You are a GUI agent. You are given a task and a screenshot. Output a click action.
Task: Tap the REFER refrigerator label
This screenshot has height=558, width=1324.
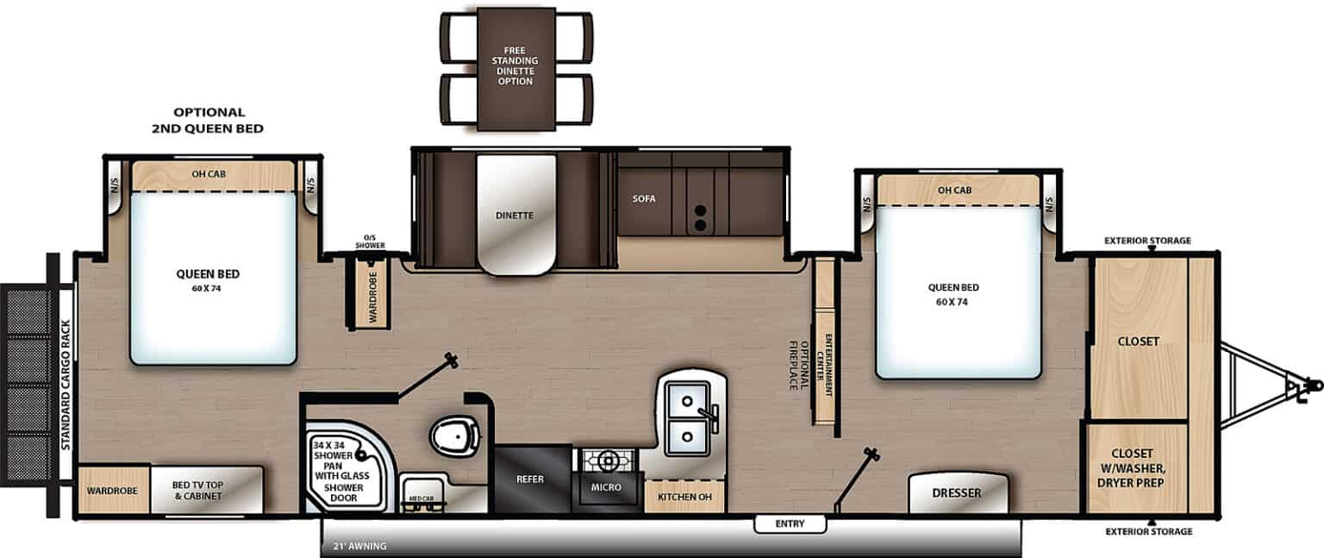coord(529,480)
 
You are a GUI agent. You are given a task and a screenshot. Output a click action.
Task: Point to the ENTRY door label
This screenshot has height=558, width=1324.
coord(790,524)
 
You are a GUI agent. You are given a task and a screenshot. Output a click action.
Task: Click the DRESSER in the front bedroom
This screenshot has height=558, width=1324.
coord(957,493)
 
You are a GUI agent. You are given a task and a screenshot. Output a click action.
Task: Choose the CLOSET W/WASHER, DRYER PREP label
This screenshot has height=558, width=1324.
coord(1138,467)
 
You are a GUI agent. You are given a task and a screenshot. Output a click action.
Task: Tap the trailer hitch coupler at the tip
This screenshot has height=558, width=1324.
coord(1313,383)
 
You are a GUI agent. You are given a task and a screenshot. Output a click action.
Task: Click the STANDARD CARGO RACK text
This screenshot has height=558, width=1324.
coord(66,384)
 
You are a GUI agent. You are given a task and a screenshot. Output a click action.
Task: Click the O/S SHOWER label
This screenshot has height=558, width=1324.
coord(369,242)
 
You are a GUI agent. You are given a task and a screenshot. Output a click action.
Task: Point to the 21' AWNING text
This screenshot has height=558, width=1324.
coord(360,546)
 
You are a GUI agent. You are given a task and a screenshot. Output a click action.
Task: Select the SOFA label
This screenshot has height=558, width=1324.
coord(643,198)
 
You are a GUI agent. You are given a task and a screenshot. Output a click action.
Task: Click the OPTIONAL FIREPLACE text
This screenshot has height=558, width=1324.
coord(799,365)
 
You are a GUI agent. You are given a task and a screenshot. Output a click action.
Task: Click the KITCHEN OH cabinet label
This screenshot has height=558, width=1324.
coord(684,497)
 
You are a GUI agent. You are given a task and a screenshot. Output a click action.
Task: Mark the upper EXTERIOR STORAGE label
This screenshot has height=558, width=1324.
coord(1149,241)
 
